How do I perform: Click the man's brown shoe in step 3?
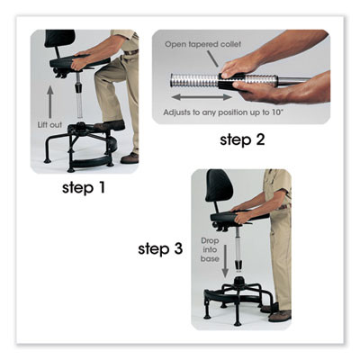pyautogui.click(x=280, y=314)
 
